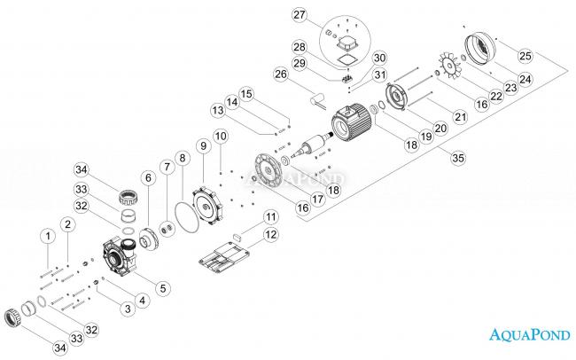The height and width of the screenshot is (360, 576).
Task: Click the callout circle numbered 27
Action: point(300,15)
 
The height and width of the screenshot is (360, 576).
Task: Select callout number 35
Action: point(457,159)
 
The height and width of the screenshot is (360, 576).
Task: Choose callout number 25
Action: point(525,56)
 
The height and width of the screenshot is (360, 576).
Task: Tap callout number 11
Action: point(271,216)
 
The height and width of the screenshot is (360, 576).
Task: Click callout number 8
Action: point(183,159)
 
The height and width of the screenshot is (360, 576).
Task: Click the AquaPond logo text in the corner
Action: point(531,334)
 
